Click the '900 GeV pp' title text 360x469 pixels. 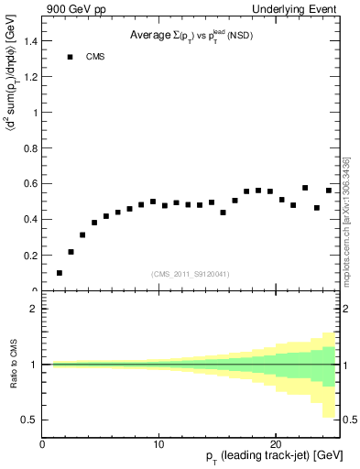tap(71, 9)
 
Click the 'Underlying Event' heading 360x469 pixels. tap(300, 9)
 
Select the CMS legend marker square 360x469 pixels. tap(70, 57)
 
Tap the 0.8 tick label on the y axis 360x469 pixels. tap(32, 148)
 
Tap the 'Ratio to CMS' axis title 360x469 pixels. tap(14, 364)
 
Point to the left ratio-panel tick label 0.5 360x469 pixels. tap(31, 420)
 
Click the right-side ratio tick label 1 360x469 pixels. tap(347, 365)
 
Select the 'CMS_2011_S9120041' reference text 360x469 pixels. tap(191, 274)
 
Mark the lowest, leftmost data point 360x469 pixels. tap(60, 273)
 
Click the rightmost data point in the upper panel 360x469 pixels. tap(329, 191)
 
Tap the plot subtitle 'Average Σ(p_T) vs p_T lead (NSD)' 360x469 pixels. tap(193, 37)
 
